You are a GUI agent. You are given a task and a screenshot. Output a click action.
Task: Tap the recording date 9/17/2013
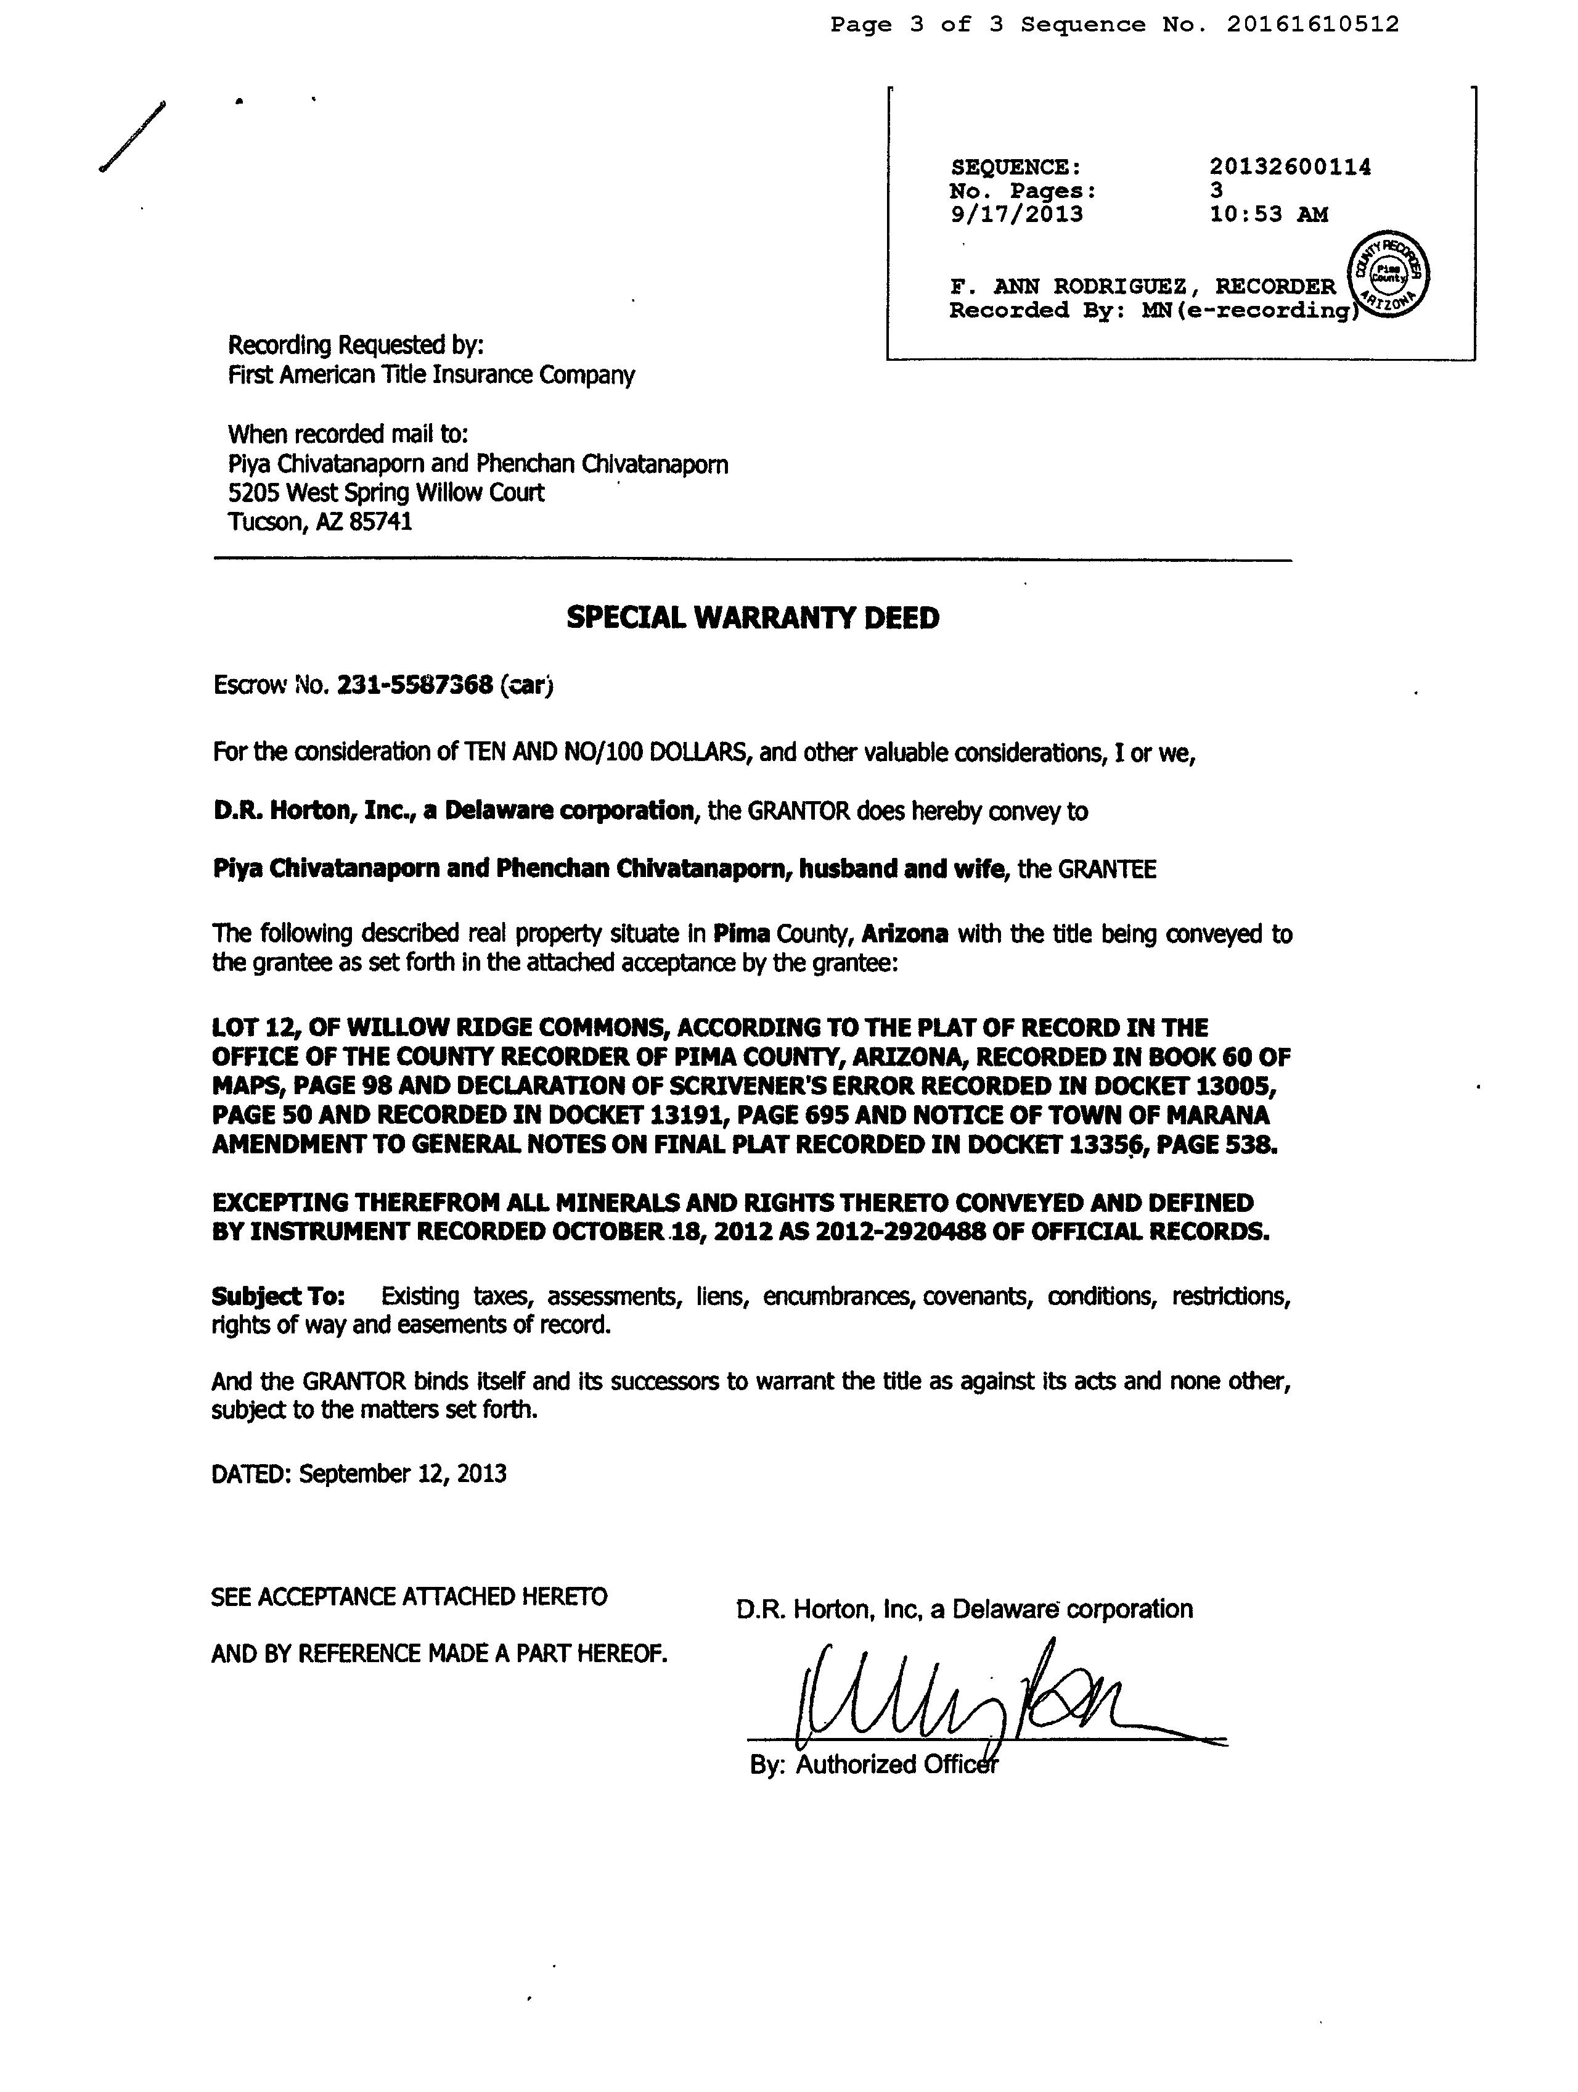click(1016, 215)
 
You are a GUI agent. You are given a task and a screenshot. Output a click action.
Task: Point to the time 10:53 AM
click(1268, 215)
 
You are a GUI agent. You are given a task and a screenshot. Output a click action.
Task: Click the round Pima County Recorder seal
click(1389, 274)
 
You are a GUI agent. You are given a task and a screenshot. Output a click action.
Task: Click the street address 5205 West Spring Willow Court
click(386, 493)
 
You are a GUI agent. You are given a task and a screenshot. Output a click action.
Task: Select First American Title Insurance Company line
click(431, 376)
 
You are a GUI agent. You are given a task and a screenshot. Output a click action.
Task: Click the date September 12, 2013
click(402, 1473)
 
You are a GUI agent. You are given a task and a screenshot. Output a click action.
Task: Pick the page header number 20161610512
click(1312, 25)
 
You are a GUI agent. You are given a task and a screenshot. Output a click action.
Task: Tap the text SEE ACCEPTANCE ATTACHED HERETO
click(409, 1597)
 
